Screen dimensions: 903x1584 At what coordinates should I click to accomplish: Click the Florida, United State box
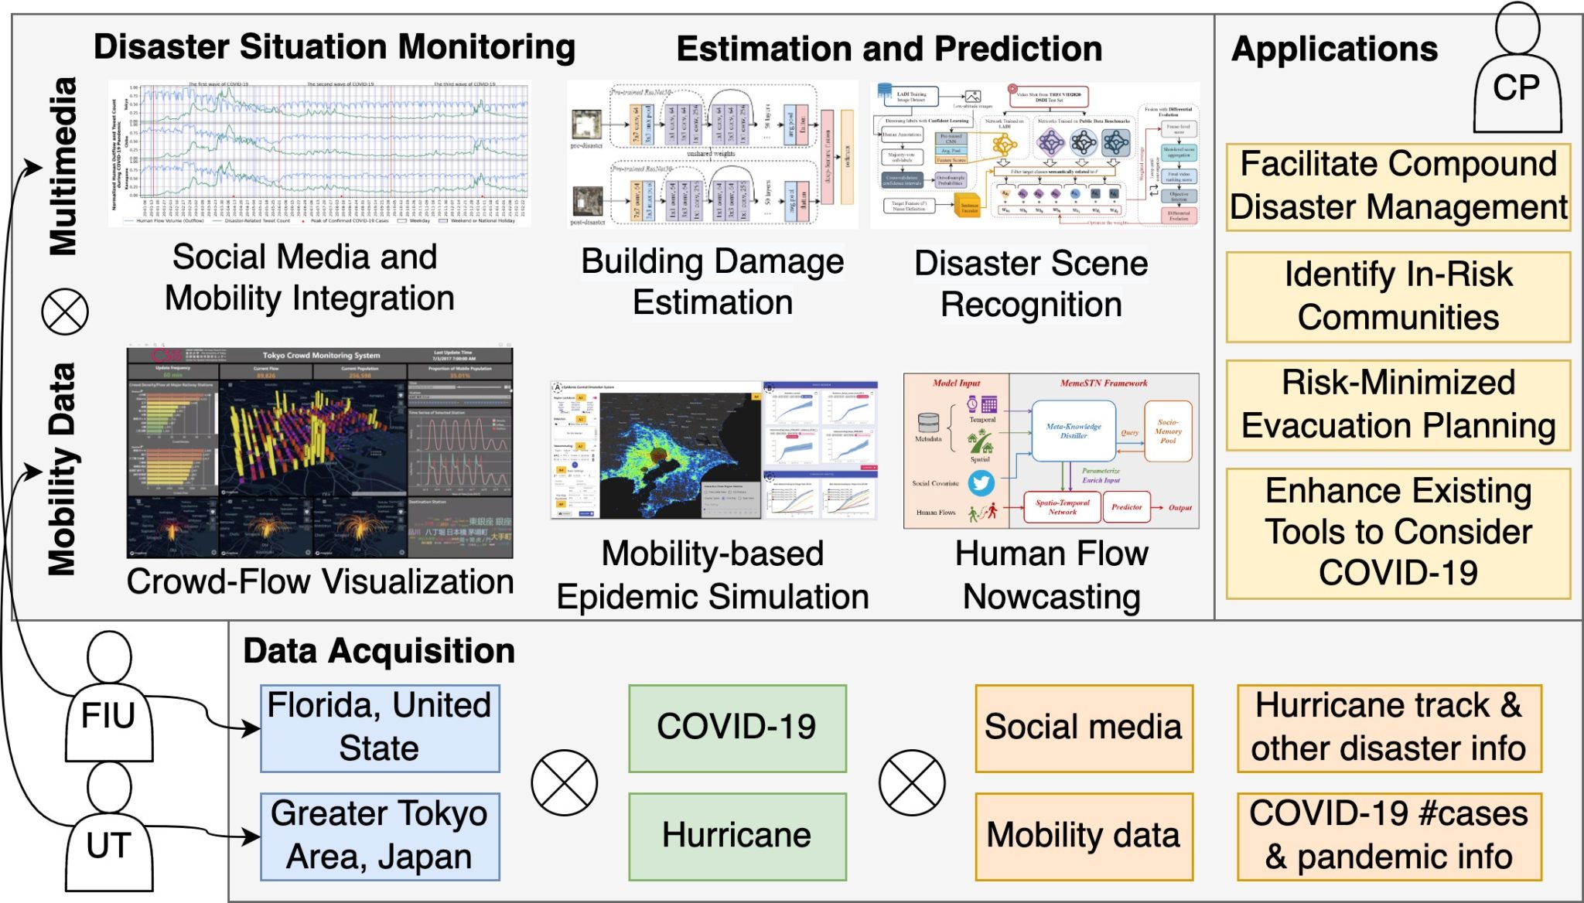click(380, 728)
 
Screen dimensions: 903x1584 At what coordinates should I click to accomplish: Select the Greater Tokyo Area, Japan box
click(380, 837)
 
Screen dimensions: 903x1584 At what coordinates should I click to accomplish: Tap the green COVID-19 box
click(737, 728)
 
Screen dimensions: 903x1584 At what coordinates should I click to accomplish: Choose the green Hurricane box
click(737, 837)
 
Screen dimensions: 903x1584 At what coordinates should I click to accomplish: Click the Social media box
click(1084, 728)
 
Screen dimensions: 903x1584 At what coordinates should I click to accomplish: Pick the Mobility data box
click(1084, 837)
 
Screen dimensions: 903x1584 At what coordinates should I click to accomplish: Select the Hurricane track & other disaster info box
click(1389, 728)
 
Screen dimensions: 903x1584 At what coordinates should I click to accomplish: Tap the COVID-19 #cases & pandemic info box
click(1389, 837)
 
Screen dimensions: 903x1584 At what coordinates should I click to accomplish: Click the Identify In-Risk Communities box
click(1398, 297)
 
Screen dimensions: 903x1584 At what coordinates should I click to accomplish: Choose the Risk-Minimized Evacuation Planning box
click(1398, 405)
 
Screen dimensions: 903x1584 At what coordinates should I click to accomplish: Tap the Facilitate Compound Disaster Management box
click(1398, 187)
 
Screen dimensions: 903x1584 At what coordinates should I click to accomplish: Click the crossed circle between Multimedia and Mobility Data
click(65, 312)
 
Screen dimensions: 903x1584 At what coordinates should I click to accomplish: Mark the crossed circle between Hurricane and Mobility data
click(912, 782)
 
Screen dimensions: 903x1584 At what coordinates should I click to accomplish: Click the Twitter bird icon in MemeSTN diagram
click(981, 483)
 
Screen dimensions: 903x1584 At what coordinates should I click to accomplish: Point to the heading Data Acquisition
click(379, 651)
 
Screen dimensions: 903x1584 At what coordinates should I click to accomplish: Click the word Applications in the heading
click(1334, 49)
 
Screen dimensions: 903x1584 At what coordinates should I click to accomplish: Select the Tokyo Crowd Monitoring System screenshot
click(319, 453)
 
